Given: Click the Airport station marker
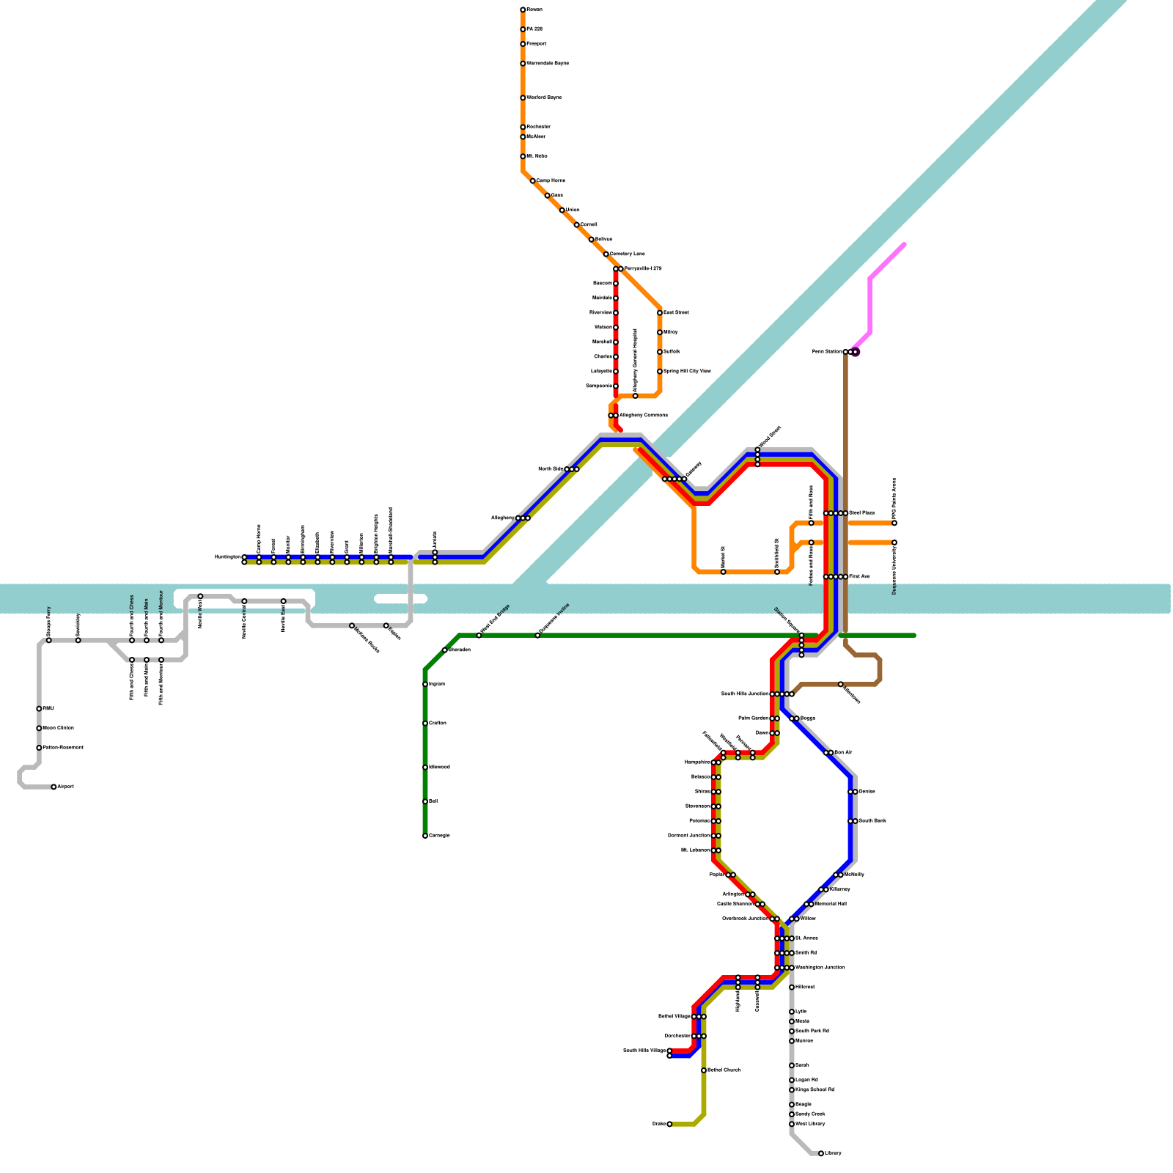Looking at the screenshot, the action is [x=54, y=787].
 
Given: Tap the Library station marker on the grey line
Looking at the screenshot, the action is [x=820, y=1153].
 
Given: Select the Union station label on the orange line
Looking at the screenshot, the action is [x=573, y=210].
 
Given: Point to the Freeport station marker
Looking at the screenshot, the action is [x=523, y=44].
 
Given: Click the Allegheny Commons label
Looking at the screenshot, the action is [x=644, y=416].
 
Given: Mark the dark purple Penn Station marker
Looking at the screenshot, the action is [x=855, y=352].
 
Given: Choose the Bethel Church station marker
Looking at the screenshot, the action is [x=704, y=1070].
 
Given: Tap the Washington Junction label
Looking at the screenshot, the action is [x=820, y=968].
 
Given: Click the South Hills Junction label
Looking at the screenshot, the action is [x=745, y=694].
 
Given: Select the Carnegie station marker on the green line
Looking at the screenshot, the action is [x=425, y=836].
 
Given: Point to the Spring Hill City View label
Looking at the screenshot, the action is [x=687, y=372].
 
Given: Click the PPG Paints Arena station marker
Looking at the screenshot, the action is [x=894, y=523].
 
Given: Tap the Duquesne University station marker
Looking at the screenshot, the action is [x=894, y=543].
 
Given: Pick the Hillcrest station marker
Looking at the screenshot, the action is [x=792, y=988].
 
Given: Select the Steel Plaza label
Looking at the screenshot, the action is [x=861, y=513].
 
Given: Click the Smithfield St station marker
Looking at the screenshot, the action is [x=777, y=572].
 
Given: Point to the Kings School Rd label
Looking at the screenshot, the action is [x=815, y=1090].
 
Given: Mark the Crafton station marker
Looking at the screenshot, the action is [x=425, y=724].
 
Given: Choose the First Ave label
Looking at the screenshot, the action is [x=859, y=577].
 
